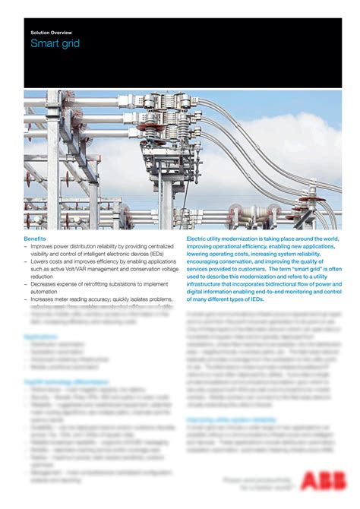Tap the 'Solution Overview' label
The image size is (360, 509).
pyautogui.click(x=50, y=33)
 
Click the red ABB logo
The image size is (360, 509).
pyautogui.click(x=319, y=481)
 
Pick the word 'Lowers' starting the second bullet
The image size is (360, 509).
pyautogui.click(x=40, y=261)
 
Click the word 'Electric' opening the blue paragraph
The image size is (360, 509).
pyautogui.click(x=197, y=239)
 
